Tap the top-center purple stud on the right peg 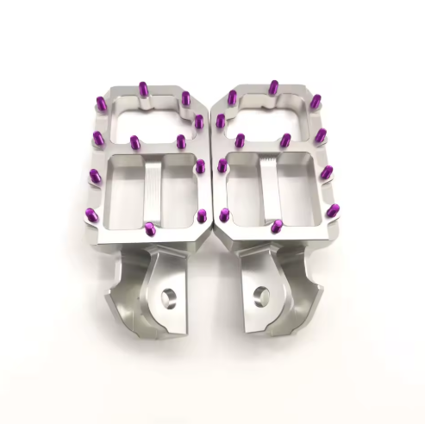coord(273,88)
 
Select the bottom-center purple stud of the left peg coord(150,229)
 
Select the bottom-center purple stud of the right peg coord(278,228)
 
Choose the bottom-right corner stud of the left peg coord(201,215)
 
